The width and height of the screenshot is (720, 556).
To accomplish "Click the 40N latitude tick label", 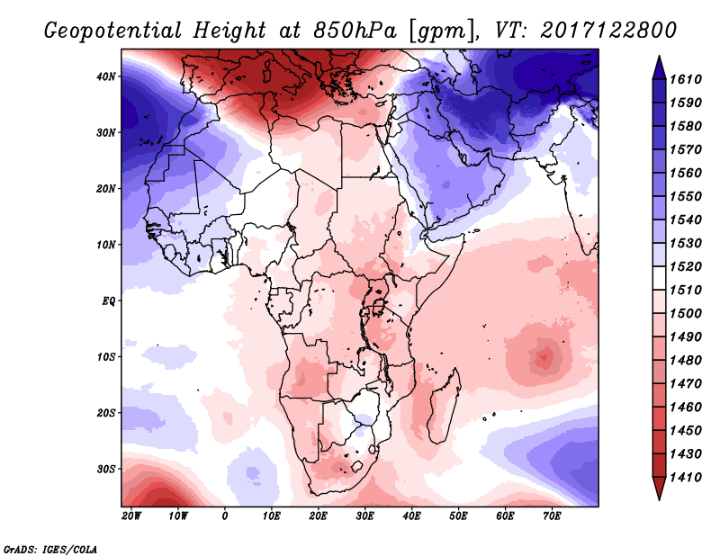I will (107, 76).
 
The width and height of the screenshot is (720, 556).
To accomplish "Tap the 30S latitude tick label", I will (107, 469).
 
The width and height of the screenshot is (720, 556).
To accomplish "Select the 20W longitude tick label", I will (131, 516).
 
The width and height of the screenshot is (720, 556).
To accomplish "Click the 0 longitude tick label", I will (225, 516).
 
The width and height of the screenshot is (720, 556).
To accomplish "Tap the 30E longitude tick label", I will (364, 516).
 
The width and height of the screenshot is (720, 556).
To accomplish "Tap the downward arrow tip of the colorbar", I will (659, 496).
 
